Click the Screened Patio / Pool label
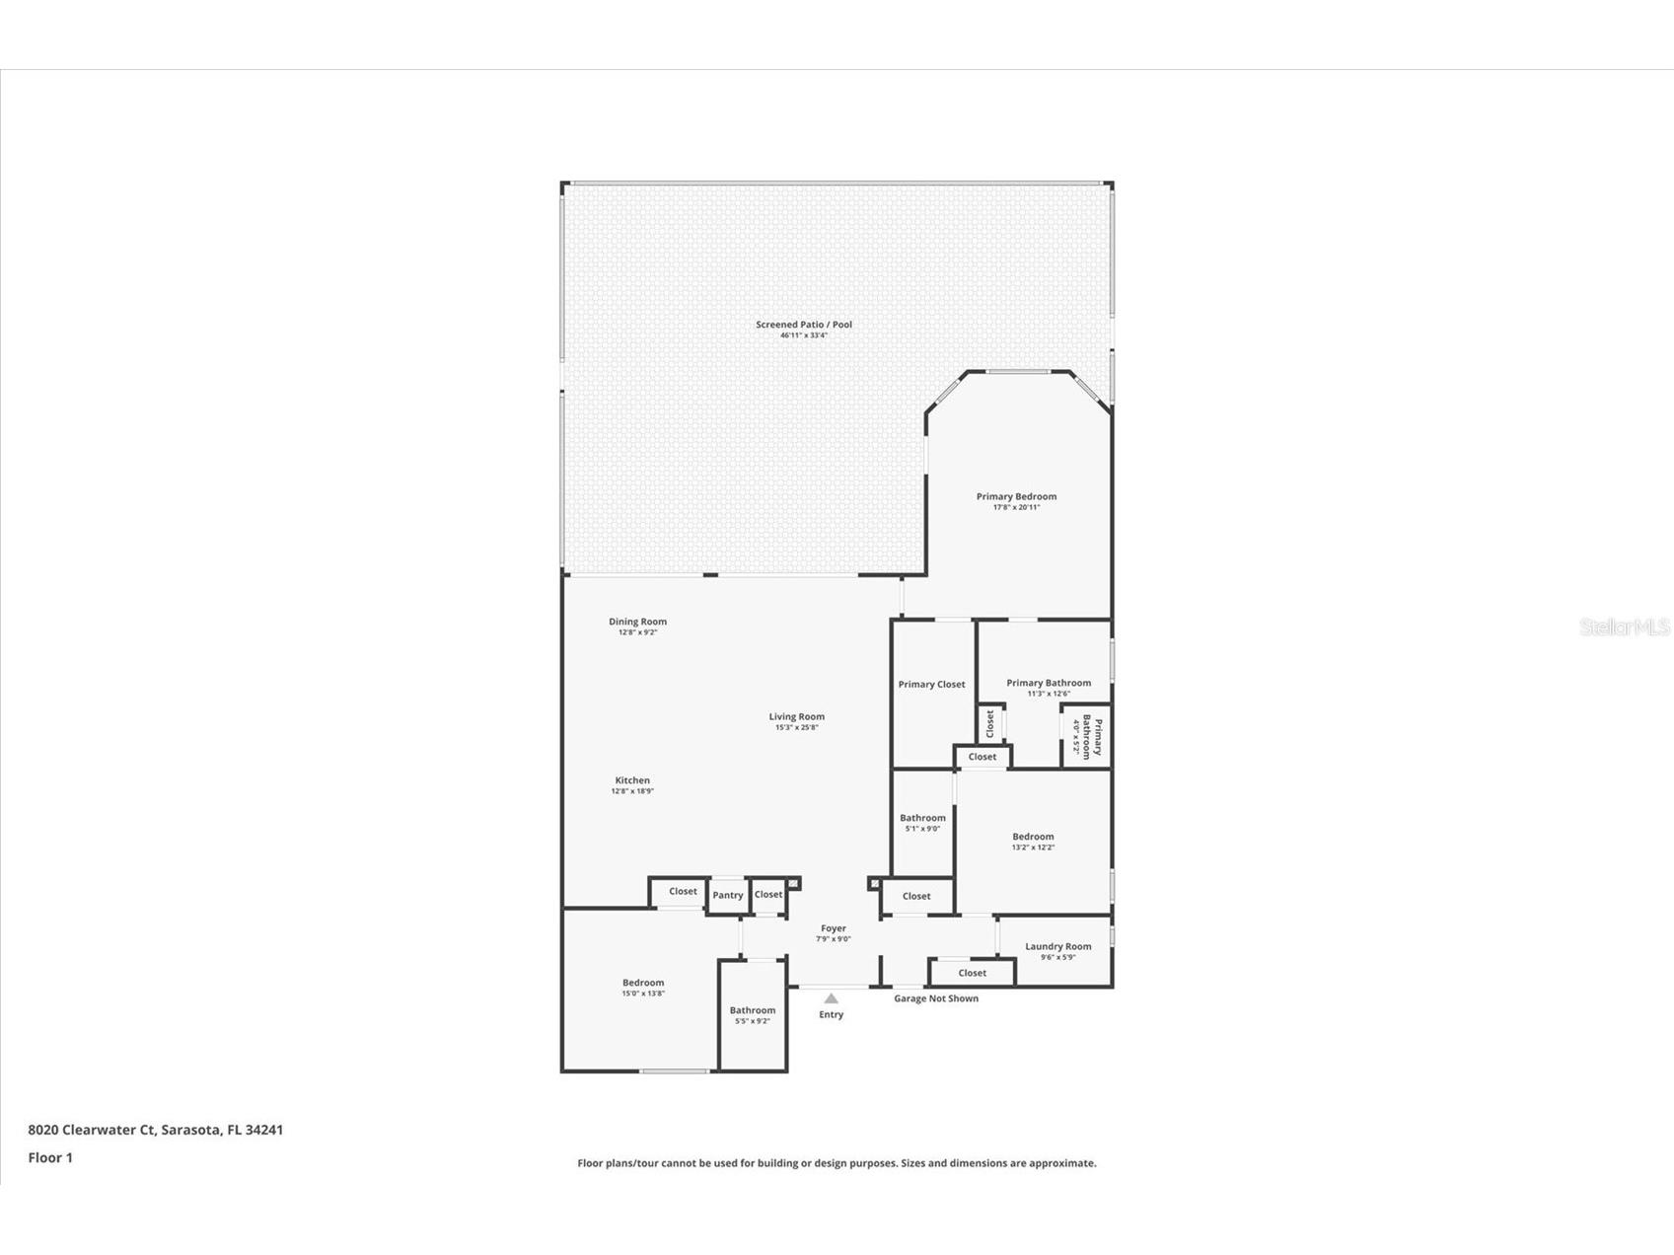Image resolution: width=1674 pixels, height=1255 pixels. click(x=804, y=325)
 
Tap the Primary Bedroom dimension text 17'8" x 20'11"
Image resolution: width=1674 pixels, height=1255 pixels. click(x=1016, y=507)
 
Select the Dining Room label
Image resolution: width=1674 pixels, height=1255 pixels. click(x=637, y=622)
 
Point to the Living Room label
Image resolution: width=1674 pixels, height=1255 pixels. click(x=796, y=717)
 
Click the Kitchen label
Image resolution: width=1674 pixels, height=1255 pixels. click(x=632, y=780)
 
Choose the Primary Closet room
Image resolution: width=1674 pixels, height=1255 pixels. click(x=931, y=685)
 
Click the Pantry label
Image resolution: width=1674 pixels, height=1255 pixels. click(x=728, y=896)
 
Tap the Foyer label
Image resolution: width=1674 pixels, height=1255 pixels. click(x=833, y=928)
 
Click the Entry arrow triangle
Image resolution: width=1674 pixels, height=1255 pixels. click(x=831, y=998)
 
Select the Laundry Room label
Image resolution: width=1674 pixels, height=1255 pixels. click(x=1057, y=946)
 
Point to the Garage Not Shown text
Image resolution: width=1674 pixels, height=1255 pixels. click(x=936, y=998)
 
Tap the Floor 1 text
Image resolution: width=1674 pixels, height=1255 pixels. click(x=50, y=1158)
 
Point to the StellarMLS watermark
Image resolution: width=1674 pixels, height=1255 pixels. click(x=1624, y=627)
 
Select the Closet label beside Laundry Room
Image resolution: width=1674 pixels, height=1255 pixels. click(x=972, y=973)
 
